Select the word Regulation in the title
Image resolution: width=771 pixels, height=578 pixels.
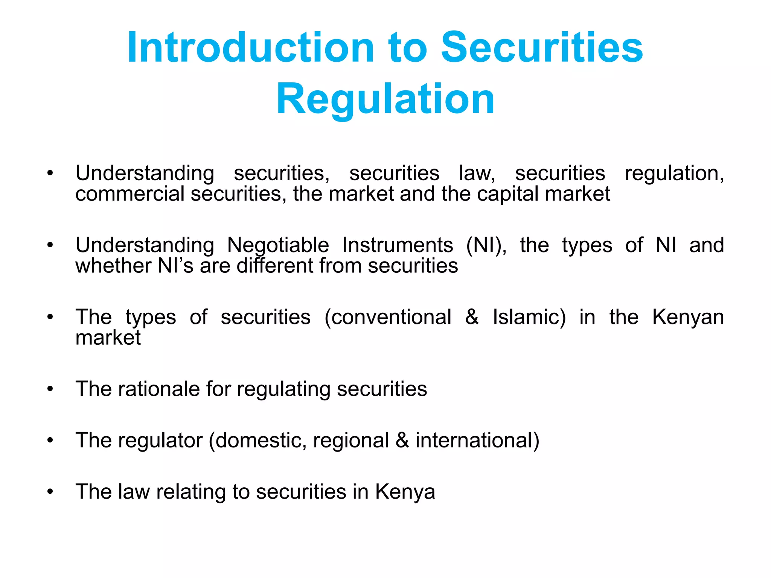(385, 99)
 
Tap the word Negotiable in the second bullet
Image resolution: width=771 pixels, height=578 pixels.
(278, 245)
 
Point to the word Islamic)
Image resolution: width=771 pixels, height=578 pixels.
(529, 317)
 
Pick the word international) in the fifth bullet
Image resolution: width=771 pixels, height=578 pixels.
(477, 440)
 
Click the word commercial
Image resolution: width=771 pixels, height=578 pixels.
(130, 194)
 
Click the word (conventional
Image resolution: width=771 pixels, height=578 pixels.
(388, 317)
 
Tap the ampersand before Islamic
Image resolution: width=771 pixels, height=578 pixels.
(472, 317)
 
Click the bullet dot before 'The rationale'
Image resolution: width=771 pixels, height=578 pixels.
(50, 389)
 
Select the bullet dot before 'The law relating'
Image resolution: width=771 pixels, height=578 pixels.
(50, 492)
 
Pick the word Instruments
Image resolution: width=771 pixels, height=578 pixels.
(397, 245)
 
